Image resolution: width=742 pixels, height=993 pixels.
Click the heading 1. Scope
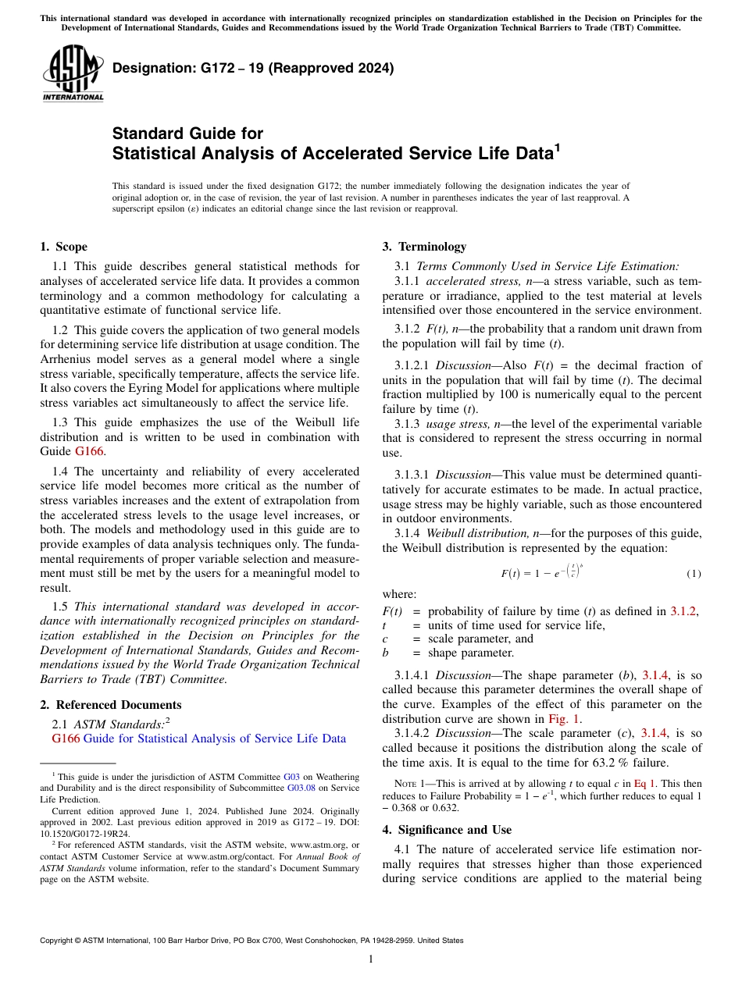63,247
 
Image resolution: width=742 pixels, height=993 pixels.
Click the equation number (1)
694,574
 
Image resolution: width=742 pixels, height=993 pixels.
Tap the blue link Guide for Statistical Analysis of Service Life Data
214,739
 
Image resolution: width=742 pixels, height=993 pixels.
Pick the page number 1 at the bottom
371,959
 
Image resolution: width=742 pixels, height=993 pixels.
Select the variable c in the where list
385,639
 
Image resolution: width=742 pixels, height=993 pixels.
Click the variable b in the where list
385,653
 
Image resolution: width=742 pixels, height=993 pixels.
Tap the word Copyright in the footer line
62,941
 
